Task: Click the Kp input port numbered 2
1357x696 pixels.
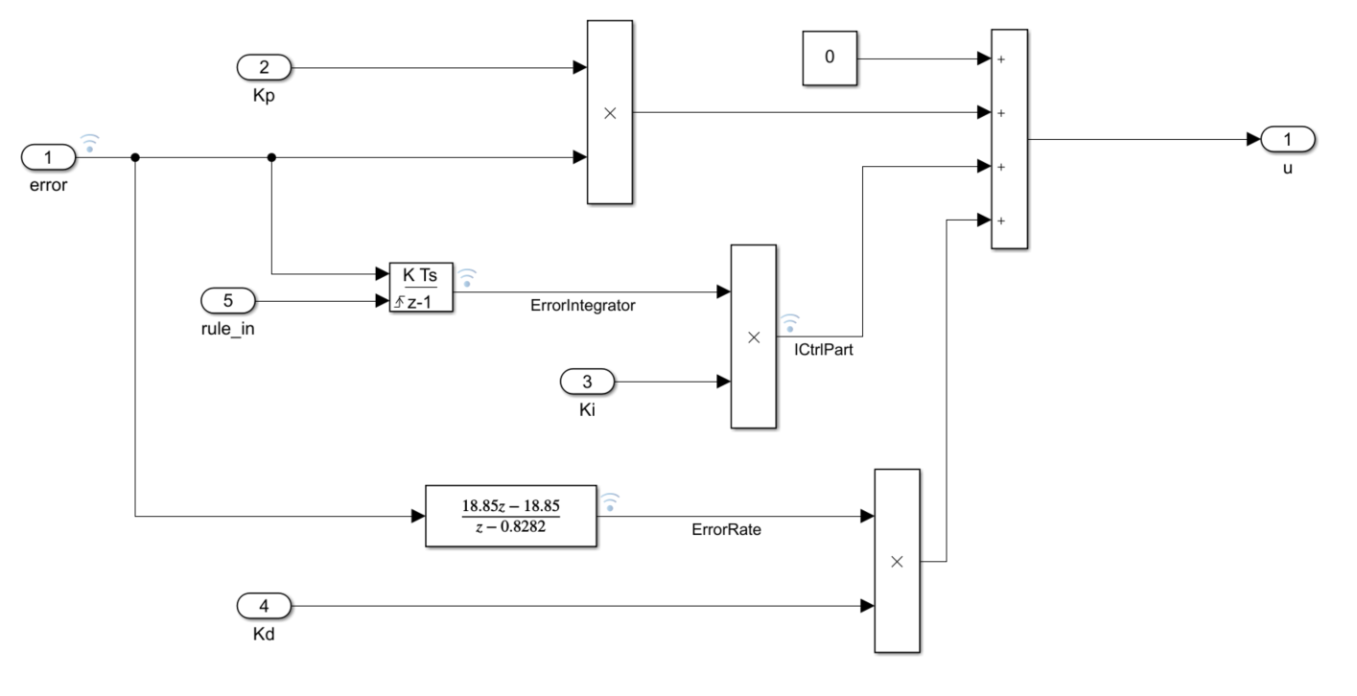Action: [x=264, y=68]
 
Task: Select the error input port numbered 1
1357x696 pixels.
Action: [x=48, y=156]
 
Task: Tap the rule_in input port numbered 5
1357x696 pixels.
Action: [x=227, y=301]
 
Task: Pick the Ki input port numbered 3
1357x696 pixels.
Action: [x=588, y=382]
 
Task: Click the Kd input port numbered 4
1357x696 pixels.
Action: [x=264, y=606]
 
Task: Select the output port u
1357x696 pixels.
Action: [x=1288, y=140]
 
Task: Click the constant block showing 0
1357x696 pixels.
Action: [x=830, y=58]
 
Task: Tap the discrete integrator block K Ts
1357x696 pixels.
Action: [x=420, y=287]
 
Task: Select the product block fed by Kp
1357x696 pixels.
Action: [x=609, y=112]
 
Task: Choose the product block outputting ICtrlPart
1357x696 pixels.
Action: [x=753, y=336]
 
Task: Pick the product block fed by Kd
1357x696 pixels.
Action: [x=897, y=561]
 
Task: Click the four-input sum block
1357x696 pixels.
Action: [x=1009, y=140]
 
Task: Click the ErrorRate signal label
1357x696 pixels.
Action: [x=726, y=528]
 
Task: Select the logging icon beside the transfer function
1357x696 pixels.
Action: [x=610, y=501]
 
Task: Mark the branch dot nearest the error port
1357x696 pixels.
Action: [x=135, y=157]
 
